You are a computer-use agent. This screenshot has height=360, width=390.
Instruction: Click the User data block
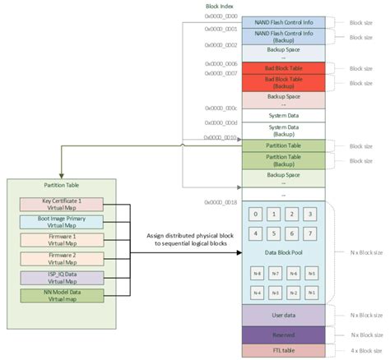pos(282,314)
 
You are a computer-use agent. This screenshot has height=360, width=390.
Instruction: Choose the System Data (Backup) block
pos(282,130)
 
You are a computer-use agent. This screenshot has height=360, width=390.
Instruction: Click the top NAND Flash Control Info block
pos(282,22)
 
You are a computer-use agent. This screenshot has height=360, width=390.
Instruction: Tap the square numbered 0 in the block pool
pos(256,215)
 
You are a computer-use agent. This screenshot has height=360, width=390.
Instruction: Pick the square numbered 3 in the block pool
pos(309,215)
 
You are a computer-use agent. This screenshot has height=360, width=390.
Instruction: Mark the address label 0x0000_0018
pos(221,201)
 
